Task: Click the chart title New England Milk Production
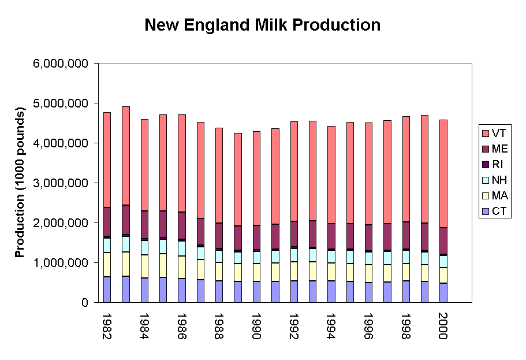pos(262,25)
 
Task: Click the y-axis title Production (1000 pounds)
pos(20,182)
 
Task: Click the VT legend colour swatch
pos(486,133)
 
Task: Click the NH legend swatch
pos(486,180)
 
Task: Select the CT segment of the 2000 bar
pos(442,292)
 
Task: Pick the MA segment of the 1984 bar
pos(144,266)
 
